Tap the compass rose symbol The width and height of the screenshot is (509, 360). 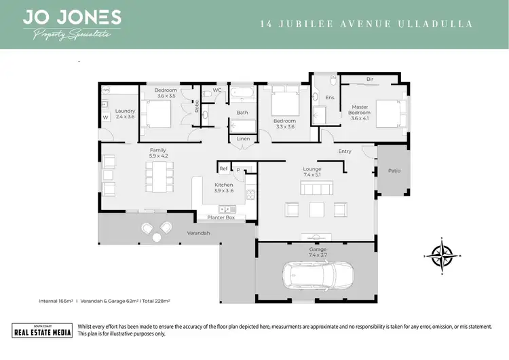pos(442,256)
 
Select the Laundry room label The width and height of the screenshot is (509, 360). pos(126,113)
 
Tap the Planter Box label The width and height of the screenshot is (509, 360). pos(221,217)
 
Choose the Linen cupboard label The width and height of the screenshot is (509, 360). pos(243,139)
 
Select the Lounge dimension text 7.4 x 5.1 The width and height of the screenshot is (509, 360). pos(312,175)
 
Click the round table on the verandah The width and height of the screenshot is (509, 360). pos(157,236)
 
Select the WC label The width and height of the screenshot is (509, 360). pos(217,90)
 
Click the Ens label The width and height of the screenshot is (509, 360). pos(330,98)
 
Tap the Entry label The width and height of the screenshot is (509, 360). pos(345,151)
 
